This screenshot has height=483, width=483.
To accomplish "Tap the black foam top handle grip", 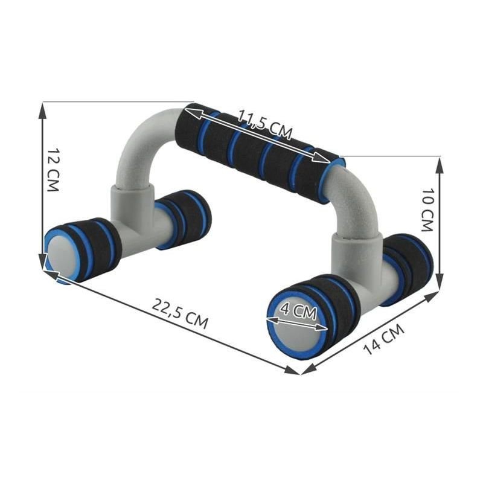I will pyautogui.click(x=260, y=151).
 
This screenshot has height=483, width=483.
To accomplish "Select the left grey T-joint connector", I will pyautogui.click(x=130, y=211).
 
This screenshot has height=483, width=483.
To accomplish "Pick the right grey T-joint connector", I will pyautogui.click(x=353, y=260).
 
